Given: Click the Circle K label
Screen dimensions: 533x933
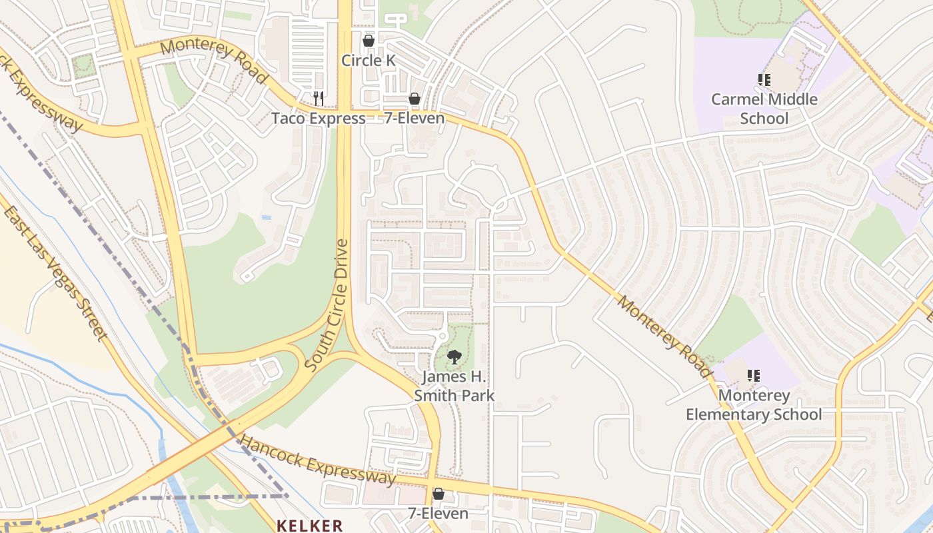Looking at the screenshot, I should [x=369, y=61].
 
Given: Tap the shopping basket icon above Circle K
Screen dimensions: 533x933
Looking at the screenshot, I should [x=369, y=41].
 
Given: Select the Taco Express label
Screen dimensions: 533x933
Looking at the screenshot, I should [x=318, y=119].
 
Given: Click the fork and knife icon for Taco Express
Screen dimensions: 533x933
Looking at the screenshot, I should [x=319, y=99].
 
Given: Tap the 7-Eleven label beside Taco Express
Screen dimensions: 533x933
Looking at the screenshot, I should [x=415, y=119].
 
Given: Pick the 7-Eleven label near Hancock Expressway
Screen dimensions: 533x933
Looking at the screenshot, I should [x=438, y=514].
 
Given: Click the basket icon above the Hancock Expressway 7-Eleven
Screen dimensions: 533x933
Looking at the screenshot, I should [x=438, y=494].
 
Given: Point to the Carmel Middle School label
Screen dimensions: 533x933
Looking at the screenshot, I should [x=764, y=109].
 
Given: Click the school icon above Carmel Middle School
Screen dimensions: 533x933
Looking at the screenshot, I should [x=764, y=81].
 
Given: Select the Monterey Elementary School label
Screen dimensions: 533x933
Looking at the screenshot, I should [x=754, y=405].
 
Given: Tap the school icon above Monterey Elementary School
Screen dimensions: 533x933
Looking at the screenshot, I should [x=754, y=376].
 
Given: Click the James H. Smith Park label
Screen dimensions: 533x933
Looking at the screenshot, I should [x=454, y=386].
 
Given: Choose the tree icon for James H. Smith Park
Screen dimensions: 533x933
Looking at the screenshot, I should [x=454, y=357].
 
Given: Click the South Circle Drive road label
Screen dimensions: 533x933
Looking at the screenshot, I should [x=327, y=306].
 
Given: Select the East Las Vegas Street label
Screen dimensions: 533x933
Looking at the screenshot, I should [x=55, y=273].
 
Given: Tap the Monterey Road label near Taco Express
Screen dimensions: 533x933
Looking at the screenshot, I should [x=214, y=60].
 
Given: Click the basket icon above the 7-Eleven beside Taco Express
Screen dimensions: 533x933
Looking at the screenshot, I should [x=415, y=99].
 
